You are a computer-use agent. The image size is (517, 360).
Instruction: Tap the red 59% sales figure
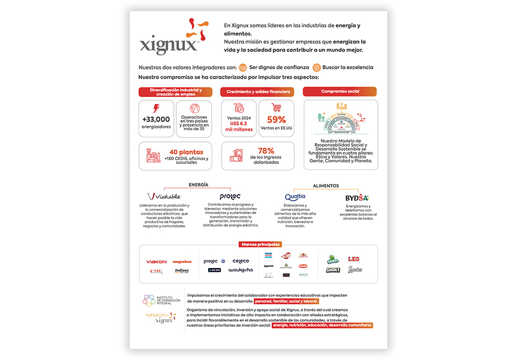coord(276,119)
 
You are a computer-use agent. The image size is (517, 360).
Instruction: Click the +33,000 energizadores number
coord(156,119)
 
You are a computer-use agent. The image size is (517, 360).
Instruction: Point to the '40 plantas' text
coord(187,152)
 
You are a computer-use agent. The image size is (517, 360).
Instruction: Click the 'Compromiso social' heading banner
coord(340,91)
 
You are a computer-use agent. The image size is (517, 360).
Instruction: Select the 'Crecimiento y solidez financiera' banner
coord(258,91)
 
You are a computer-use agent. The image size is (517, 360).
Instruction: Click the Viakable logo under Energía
coord(164,197)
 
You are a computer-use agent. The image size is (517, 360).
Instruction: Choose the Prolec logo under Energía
coord(230,197)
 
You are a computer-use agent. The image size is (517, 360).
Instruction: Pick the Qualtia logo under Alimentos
coord(295,197)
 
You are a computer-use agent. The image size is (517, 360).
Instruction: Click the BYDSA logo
coord(357,198)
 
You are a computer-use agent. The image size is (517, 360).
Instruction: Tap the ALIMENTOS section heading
coord(326,186)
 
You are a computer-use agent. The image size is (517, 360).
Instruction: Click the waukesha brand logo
coord(240,270)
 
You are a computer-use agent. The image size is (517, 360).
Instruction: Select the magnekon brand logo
coord(182,262)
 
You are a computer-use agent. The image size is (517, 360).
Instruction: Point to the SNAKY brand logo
coord(333,270)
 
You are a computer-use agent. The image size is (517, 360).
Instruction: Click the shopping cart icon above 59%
coord(276,108)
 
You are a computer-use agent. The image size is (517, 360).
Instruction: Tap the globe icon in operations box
coord(194,108)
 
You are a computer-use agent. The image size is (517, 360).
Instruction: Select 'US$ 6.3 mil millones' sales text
coord(239,126)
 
